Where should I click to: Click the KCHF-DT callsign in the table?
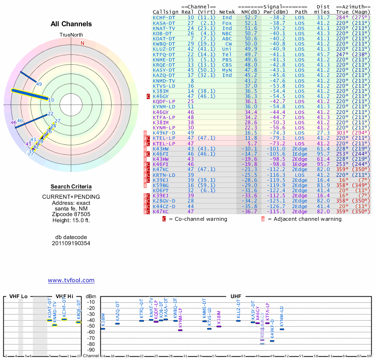164,17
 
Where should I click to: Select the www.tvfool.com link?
71,280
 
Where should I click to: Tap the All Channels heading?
71,24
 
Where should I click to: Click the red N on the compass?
82,43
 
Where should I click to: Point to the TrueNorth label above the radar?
71,35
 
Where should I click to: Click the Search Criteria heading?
71,187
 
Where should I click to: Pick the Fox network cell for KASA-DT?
227,22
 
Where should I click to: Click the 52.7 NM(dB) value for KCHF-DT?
251,17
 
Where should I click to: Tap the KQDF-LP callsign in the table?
164,101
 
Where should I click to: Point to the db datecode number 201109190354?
71,243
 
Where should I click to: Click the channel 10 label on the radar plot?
51,100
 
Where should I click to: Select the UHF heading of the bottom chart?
236,297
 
